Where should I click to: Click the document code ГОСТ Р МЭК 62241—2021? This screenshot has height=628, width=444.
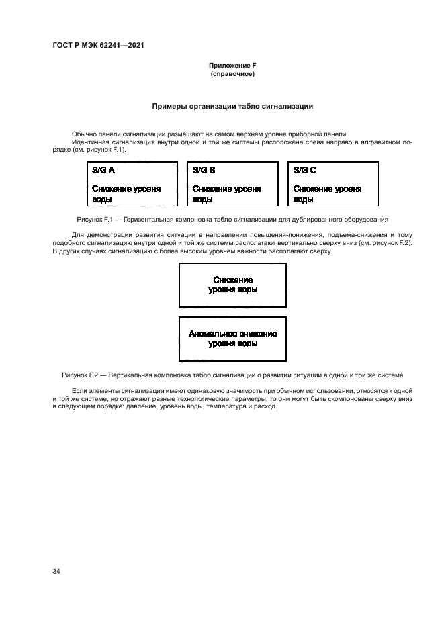point(98,46)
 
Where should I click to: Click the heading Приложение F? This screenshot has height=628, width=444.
point(232,65)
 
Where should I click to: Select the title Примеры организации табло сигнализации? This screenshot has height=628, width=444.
point(232,106)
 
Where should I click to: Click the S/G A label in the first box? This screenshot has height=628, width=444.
point(103,171)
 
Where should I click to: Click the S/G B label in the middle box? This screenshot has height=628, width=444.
point(204,171)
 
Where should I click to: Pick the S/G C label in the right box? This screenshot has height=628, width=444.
point(305,171)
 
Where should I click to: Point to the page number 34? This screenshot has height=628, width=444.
point(56,571)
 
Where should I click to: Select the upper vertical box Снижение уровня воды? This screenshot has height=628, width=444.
point(232,284)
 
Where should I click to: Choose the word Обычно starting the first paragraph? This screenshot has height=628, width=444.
point(84,135)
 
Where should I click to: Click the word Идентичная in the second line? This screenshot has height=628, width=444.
point(90,142)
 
